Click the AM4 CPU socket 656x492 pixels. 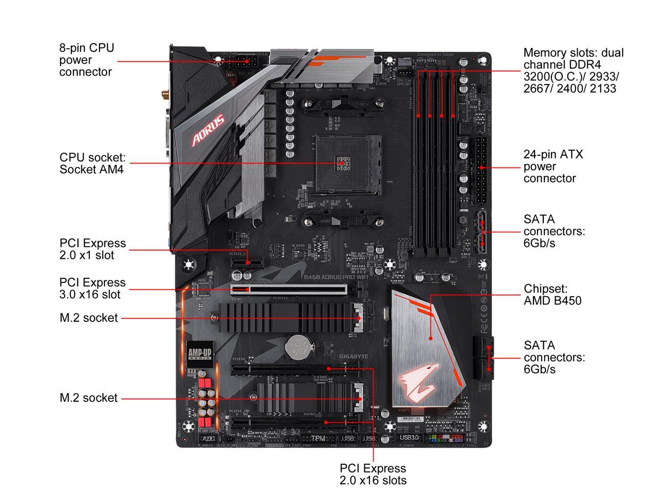pyautogui.click(x=342, y=163)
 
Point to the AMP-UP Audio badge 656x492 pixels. pyautogui.click(x=199, y=354)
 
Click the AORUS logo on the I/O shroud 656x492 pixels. pyautogui.click(x=208, y=130)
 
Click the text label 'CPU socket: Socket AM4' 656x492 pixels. pyautogui.click(x=92, y=163)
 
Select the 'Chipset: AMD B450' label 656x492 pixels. pyautogui.click(x=552, y=295)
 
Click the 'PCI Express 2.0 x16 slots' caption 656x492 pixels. pyautogui.click(x=373, y=474)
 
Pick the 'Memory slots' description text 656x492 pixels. pyautogui.click(x=573, y=71)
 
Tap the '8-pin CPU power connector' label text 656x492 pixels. pyautogui.click(x=86, y=60)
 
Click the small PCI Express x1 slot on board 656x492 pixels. pyautogui.click(x=246, y=263)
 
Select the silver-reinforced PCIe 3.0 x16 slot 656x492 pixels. pyautogui.click(x=289, y=290)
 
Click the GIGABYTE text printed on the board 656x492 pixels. pyautogui.click(x=354, y=356)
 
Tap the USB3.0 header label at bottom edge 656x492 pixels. pyautogui.click(x=409, y=438)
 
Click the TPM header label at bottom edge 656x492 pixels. pyautogui.click(x=319, y=439)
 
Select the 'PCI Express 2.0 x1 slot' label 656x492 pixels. pyautogui.click(x=92, y=249)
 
